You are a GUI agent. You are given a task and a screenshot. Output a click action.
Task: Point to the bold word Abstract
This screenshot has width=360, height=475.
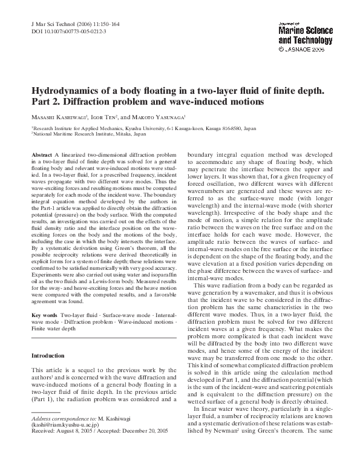pos(41,156)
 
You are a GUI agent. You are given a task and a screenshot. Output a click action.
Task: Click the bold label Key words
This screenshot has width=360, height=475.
pos(44,316)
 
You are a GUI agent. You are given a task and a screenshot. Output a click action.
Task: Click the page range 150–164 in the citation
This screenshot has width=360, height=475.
pos(105,23)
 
